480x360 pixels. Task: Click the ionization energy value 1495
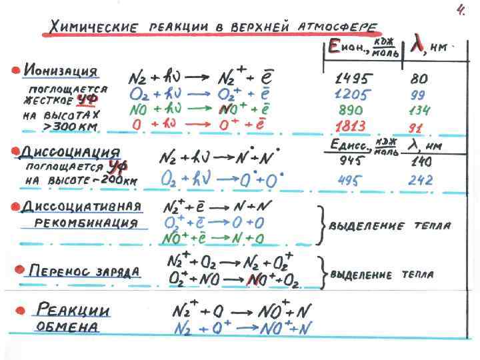pyautogui.click(x=356, y=78)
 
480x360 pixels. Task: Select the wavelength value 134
pyautogui.click(x=420, y=110)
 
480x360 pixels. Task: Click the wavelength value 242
pyautogui.click(x=421, y=180)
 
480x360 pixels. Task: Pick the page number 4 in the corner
pyautogui.click(x=460, y=10)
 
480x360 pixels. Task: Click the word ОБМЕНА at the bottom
pyautogui.click(x=67, y=327)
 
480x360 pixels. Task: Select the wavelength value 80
pyautogui.click(x=419, y=78)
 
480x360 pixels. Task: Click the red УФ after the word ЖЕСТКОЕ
pyautogui.click(x=83, y=100)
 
